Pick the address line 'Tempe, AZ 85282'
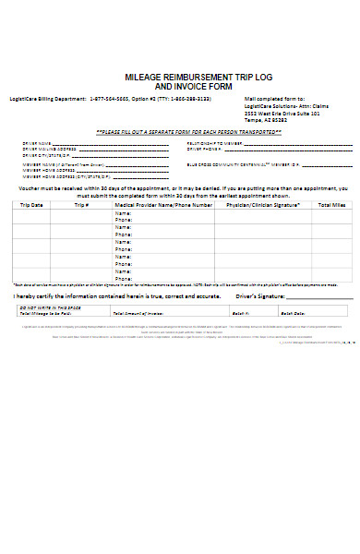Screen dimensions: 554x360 point(265,120)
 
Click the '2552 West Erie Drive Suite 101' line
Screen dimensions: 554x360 point(281,113)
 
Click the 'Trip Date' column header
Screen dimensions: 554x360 point(32,205)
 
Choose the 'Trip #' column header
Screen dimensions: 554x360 point(82,205)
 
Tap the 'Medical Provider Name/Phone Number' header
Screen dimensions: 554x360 point(157,205)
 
